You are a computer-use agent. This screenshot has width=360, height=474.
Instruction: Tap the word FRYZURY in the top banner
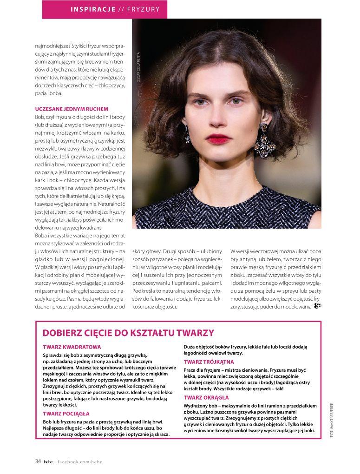tap(145, 9)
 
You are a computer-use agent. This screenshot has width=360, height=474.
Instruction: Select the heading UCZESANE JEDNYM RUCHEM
tap(72, 109)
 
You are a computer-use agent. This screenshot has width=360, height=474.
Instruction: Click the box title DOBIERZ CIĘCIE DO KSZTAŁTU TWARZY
tap(128, 333)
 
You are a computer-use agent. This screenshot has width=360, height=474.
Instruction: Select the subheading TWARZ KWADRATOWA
tap(72, 347)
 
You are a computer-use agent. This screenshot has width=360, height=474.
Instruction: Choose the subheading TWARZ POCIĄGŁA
tap(66, 413)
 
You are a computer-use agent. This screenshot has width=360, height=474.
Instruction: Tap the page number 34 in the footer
tap(38, 461)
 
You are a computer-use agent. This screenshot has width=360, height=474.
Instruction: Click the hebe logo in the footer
tap(48, 462)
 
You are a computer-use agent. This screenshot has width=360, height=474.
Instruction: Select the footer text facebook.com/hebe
tap(79, 462)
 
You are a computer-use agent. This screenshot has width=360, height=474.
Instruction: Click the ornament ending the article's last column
tap(318, 306)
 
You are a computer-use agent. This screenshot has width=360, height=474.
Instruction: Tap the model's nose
tap(218, 118)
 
